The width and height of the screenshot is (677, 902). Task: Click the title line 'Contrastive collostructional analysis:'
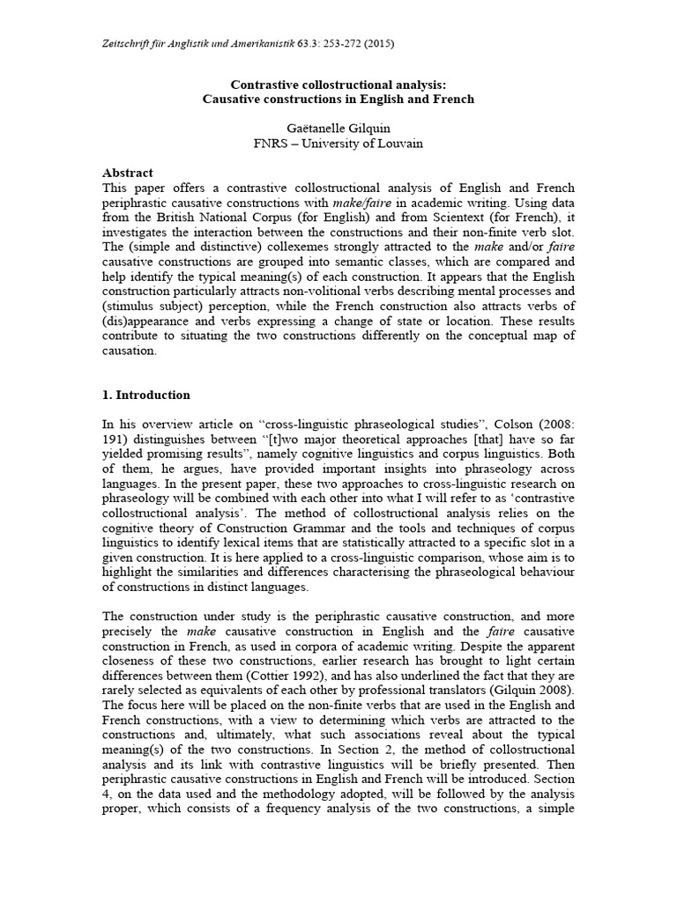pos(338,85)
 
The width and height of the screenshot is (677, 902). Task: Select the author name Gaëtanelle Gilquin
pos(338,128)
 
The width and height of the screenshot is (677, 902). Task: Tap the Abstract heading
pos(128,173)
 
